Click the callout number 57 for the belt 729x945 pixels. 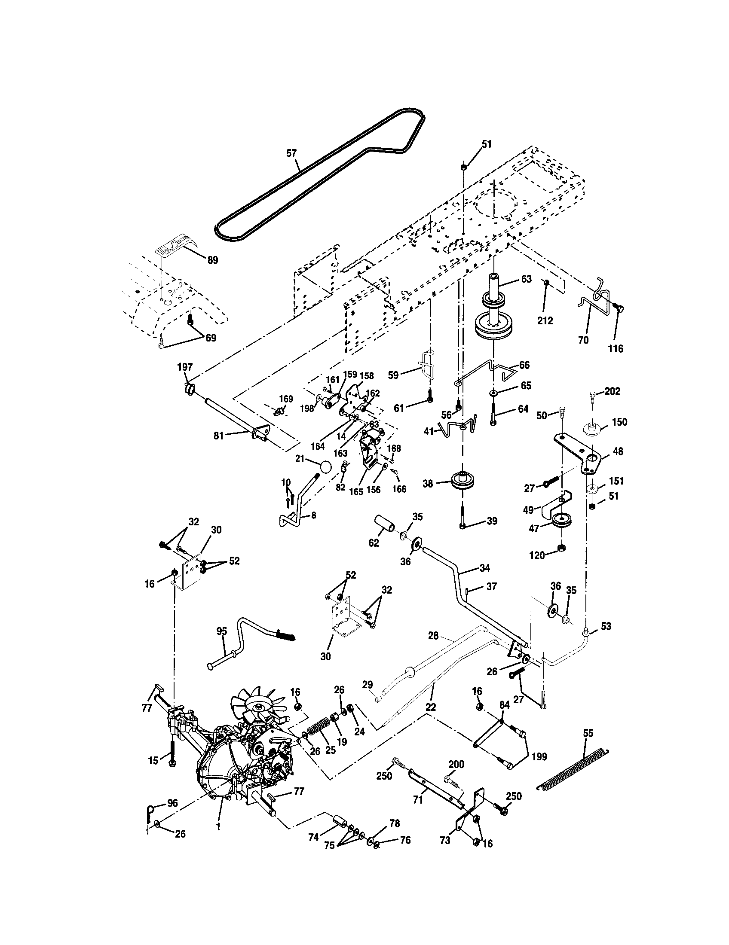click(x=292, y=153)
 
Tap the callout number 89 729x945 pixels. click(x=212, y=260)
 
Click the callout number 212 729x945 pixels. click(x=545, y=320)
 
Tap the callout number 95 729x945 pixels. click(x=222, y=632)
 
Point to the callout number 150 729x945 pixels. click(x=619, y=422)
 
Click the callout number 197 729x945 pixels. click(x=185, y=367)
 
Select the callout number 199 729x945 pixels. click(x=539, y=756)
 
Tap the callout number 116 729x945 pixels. click(x=616, y=349)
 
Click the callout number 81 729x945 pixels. click(x=219, y=436)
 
